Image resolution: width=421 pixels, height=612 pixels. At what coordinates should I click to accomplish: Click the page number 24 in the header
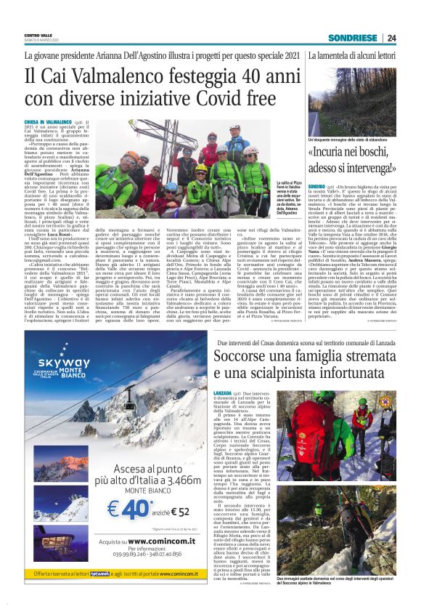coord(391,38)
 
